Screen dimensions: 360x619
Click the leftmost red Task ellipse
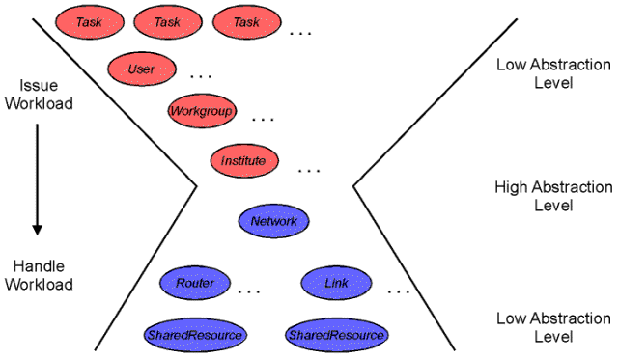89,22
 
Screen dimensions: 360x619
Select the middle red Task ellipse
168,22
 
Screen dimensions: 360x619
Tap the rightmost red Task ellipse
247,22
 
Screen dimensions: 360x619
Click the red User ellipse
141,69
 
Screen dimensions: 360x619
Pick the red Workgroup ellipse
202,111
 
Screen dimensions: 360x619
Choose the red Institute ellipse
243,160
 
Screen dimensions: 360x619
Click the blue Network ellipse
273,221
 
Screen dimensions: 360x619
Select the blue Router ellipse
195,284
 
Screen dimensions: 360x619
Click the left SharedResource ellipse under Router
195,334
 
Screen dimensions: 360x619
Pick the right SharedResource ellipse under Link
337,334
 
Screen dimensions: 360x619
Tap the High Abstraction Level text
552,197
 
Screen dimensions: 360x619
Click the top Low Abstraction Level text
552,73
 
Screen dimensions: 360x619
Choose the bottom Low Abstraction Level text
552,327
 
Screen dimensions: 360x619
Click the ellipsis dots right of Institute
310,171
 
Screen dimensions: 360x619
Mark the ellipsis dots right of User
202,75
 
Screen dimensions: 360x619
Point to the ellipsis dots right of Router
250,290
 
